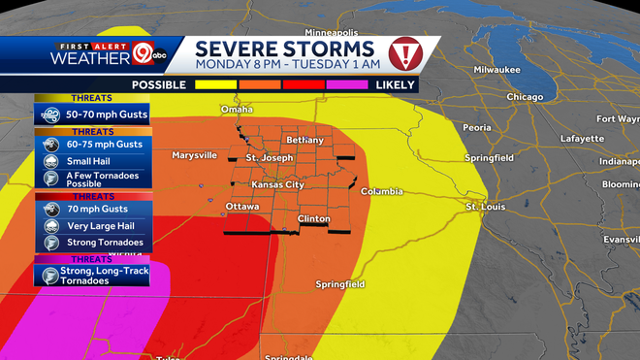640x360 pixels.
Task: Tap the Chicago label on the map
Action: (x=524, y=97)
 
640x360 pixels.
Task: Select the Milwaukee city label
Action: (x=496, y=70)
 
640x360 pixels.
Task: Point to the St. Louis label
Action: (x=486, y=207)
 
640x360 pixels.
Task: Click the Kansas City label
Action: (x=277, y=184)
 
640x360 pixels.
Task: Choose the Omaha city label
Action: (x=237, y=110)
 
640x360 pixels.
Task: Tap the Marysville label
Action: (x=194, y=155)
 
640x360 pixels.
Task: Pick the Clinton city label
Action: (x=313, y=219)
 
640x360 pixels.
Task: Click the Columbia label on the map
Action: (x=381, y=192)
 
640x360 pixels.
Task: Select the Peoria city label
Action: (x=476, y=127)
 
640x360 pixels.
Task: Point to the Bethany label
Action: (x=304, y=141)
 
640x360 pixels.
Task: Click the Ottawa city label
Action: (x=241, y=207)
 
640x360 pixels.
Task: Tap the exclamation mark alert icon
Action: (x=403, y=53)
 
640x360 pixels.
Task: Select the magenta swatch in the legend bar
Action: (x=346, y=85)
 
